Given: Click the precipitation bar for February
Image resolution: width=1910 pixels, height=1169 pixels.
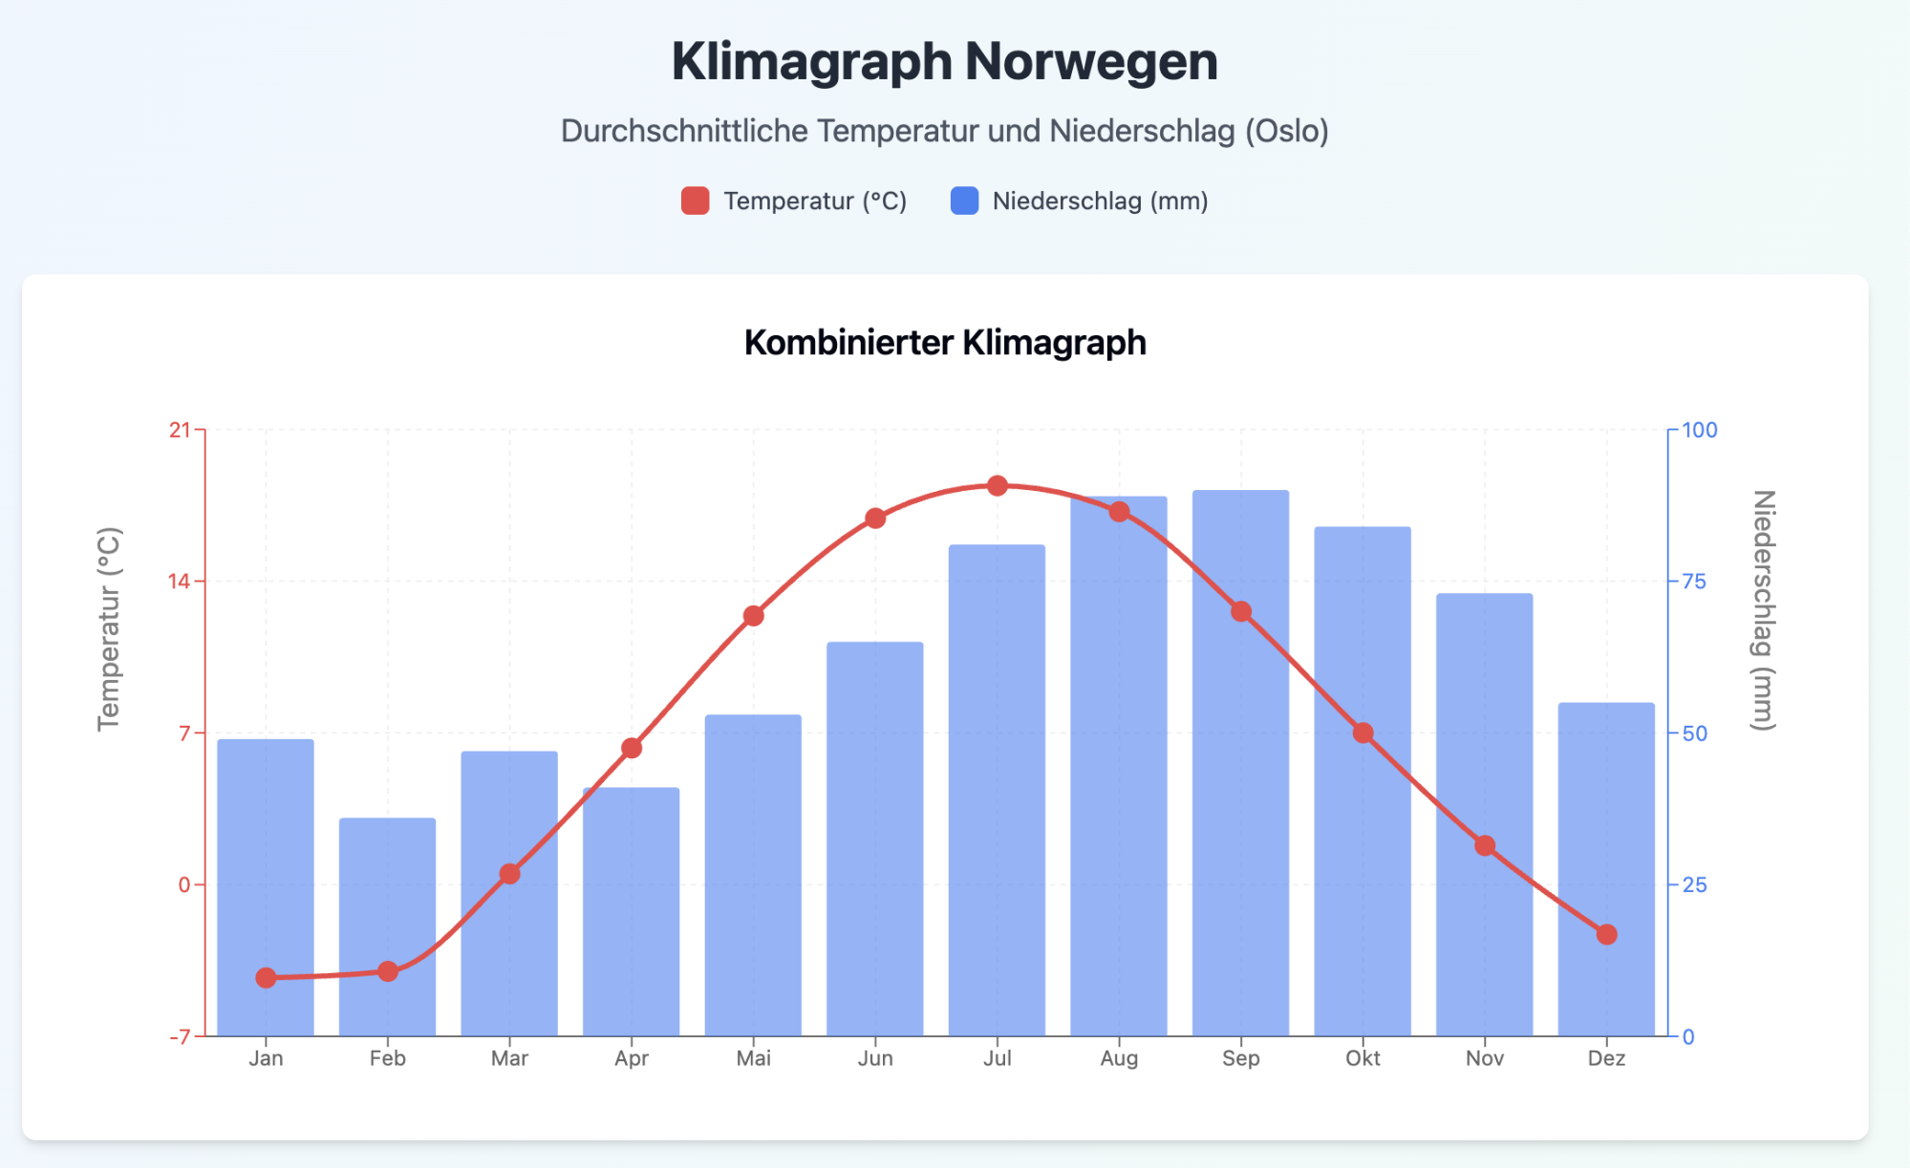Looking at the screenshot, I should pyautogui.click(x=387, y=926).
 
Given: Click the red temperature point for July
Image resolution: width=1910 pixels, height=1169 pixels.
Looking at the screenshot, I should pyautogui.click(x=998, y=486).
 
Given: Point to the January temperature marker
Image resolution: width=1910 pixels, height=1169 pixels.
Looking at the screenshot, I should pyautogui.click(x=266, y=978).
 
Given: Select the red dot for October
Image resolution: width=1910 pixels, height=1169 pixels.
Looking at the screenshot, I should pyautogui.click(x=1363, y=733).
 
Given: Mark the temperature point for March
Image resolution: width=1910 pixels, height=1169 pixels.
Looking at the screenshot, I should pyautogui.click(x=509, y=874).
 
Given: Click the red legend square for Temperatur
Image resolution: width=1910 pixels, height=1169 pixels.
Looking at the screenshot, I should pyautogui.click(x=695, y=202).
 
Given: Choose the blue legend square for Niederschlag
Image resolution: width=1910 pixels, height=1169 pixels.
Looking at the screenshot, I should pyautogui.click(x=964, y=202).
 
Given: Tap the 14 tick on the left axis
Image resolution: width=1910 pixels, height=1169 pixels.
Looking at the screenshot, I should pyautogui.click(x=180, y=582).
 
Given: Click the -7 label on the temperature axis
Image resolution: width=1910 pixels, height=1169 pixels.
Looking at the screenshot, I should pyautogui.click(x=180, y=1037).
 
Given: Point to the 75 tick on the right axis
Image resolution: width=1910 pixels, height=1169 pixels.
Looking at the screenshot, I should pyautogui.click(x=1693, y=582).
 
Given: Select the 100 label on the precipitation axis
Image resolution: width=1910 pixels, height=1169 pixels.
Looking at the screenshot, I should pyautogui.click(x=1699, y=431).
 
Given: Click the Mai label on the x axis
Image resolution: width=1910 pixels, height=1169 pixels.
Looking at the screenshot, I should pyautogui.click(x=753, y=1058).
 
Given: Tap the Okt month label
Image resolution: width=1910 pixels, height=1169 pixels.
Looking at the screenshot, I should pyautogui.click(x=1363, y=1058).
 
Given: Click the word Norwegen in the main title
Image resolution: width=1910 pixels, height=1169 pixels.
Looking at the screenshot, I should pyautogui.click(x=1091, y=62).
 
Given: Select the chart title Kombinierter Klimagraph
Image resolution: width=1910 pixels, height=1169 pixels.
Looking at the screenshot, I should pyautogui.click(x=945, y=343).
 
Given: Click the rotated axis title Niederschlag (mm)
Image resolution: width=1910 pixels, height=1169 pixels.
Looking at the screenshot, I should pyautogui.click(x=1763, y=611).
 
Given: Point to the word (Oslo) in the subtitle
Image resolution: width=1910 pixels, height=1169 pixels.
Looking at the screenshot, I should pyautogui.click(x=1286, y=131).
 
